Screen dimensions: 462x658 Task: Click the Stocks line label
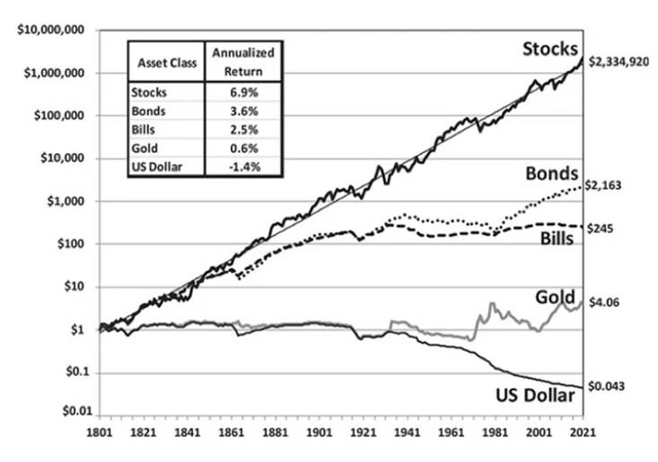551,48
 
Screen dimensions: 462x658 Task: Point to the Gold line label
555,297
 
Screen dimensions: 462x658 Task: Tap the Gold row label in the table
143,148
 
